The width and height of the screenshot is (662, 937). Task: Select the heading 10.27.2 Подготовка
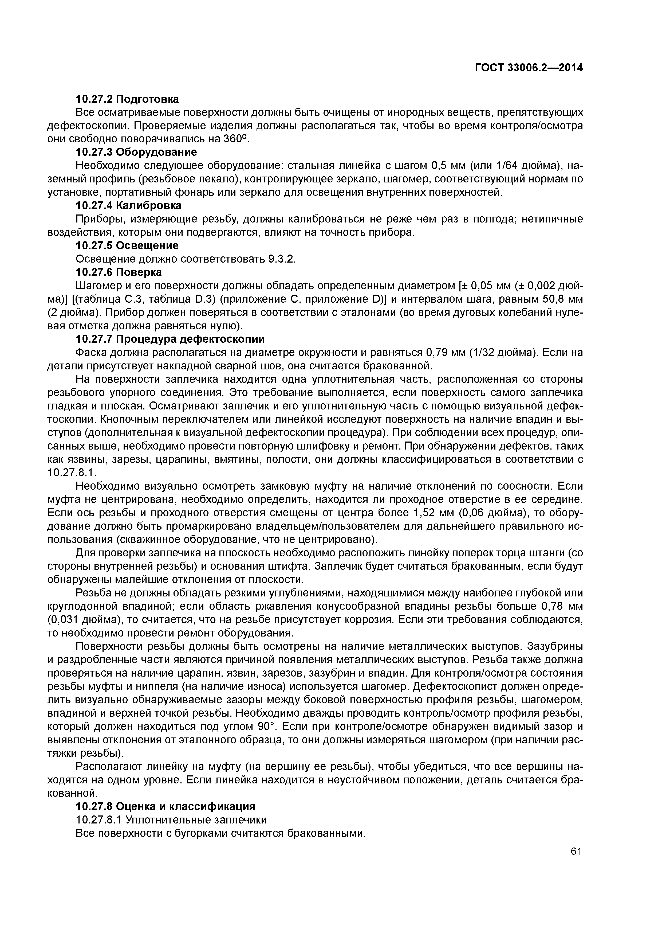pyautogui.click(x=127, y=99)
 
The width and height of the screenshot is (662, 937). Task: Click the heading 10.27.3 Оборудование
pyautogui.click(x=136, y=152)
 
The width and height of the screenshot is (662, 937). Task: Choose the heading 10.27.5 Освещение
pyautogui.click(x=127, y=246)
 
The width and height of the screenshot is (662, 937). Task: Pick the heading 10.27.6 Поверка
pyautogui.click(x=119, y=272)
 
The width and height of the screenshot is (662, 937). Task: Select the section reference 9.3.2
pyautogui.click(x=281, y=259)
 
